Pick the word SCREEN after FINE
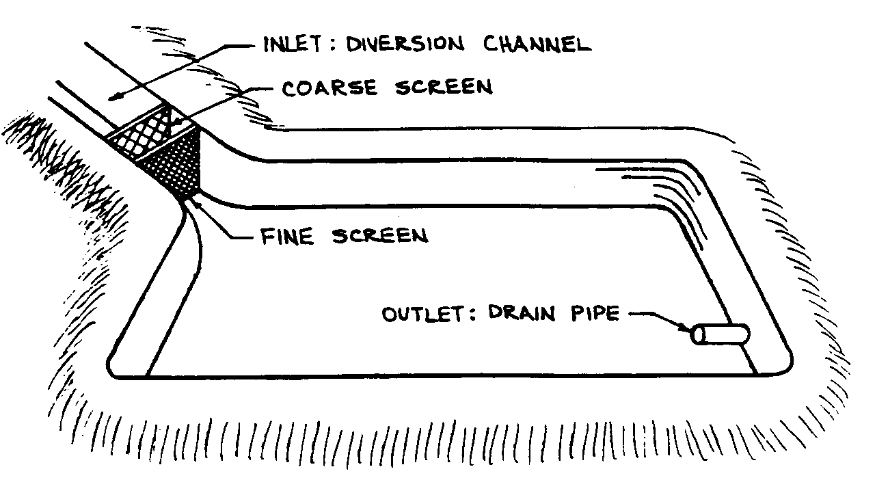[x=380, y=236]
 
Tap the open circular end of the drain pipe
[x=699, y=336]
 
